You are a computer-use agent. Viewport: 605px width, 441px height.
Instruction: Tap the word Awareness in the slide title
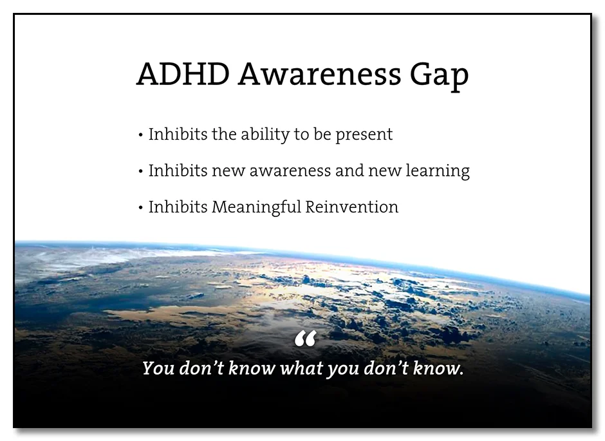click(319, 75)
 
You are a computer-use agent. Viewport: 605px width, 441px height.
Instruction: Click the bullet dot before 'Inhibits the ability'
click(140, 135)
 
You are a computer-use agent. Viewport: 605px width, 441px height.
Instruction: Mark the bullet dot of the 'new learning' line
click(140, 172)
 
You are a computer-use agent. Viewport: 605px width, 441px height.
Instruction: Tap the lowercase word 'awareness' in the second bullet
click(290, 171)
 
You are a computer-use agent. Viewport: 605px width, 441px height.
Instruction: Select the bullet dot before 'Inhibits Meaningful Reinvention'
click(140, 208)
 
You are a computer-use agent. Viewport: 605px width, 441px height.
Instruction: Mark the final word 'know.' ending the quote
click(440, 369)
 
